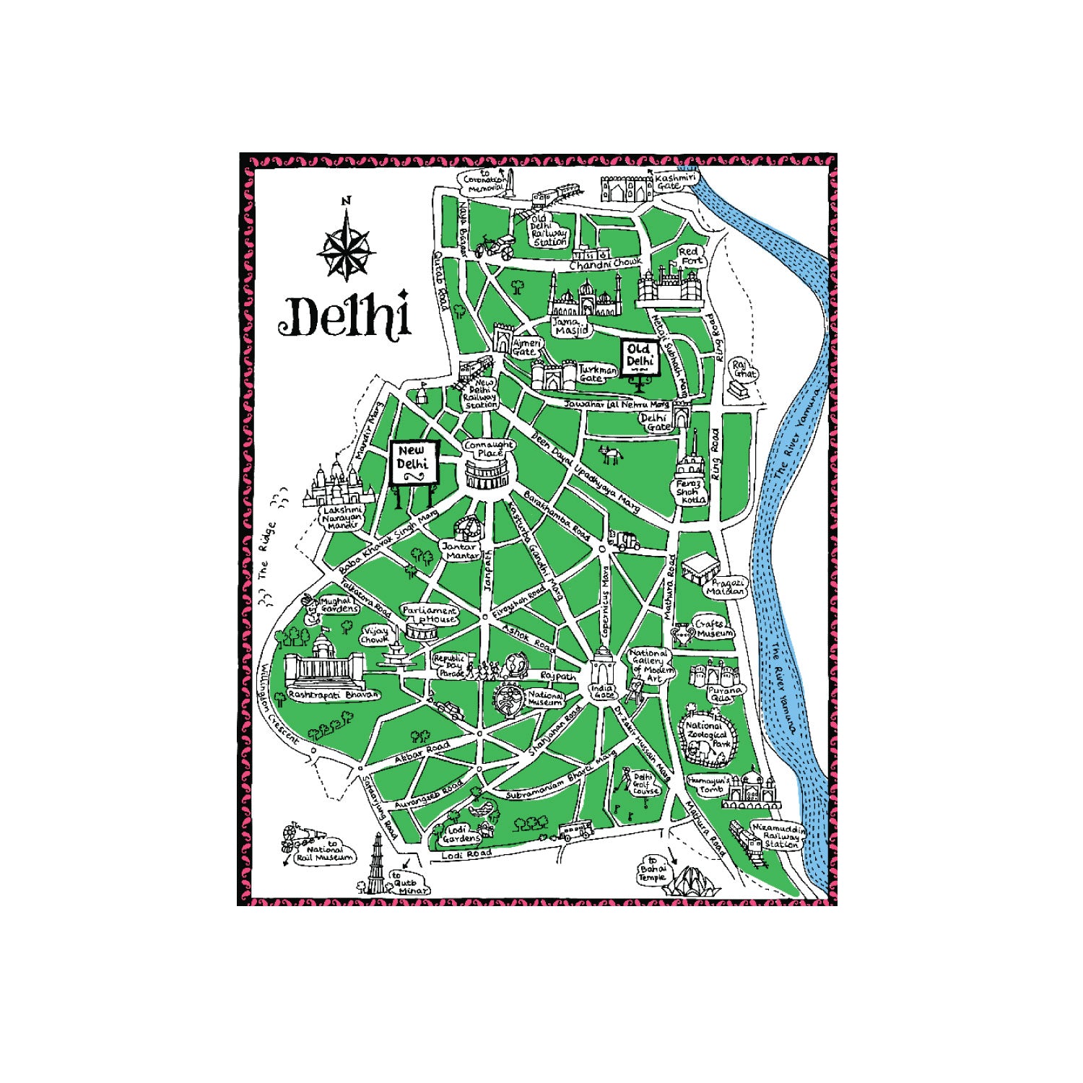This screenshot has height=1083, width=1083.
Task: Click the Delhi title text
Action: (x=344, y=316)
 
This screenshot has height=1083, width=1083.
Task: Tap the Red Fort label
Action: (x=690, y=256)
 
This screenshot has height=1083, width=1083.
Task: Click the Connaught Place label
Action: (x=489, y=448)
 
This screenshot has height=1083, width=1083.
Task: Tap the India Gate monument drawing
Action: (x=602, y=668)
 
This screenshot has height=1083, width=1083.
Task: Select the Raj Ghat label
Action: (x=744, y=369)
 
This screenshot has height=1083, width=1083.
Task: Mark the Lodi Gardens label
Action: (x=461, y=834)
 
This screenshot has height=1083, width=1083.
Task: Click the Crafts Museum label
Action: (x=712, y=628)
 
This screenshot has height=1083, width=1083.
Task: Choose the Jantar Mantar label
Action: (x=460, y=551)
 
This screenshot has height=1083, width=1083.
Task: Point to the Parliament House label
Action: (x=430, y=614)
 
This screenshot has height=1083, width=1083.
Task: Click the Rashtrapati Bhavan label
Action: (x=333, y=695)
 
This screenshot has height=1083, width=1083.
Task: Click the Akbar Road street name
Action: (x=422, y=752)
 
